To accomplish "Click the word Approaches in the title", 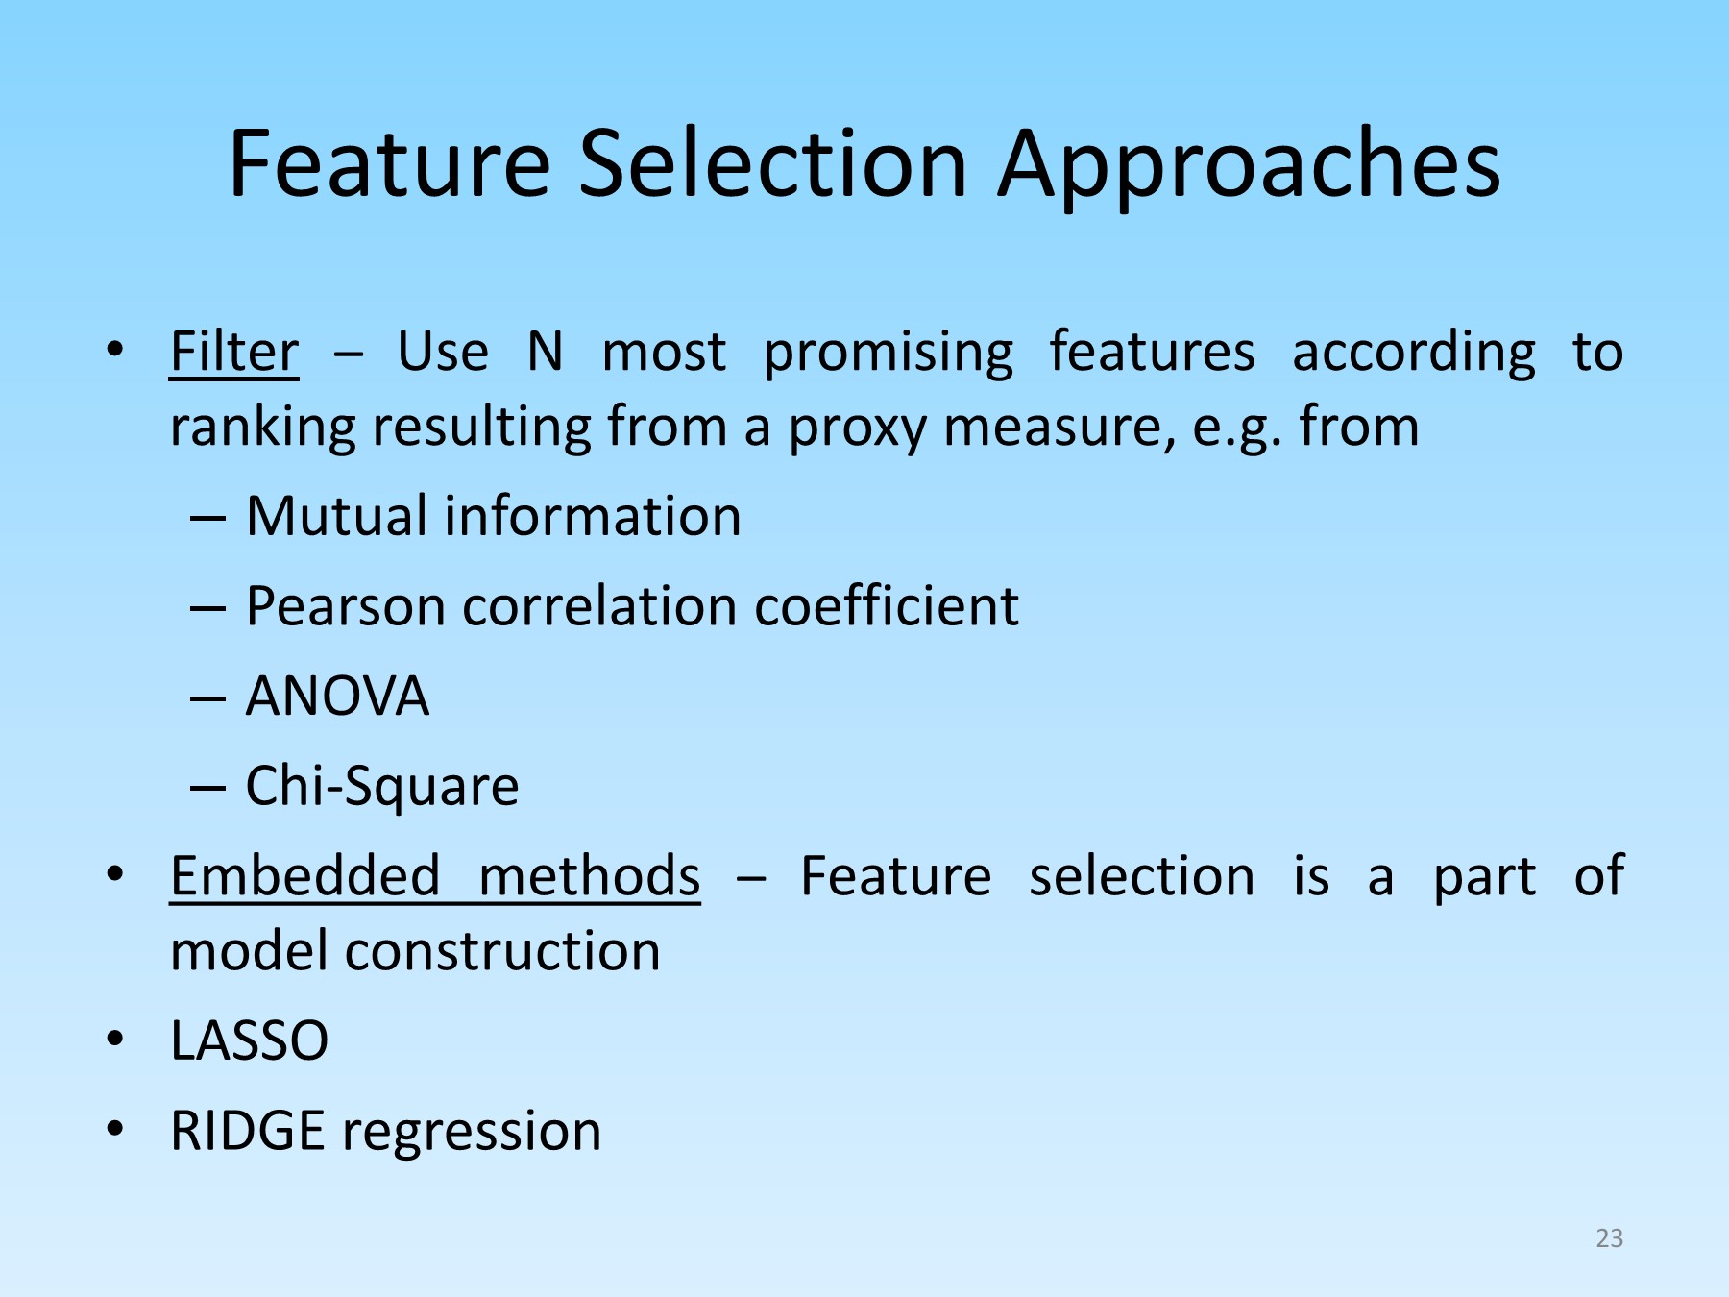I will tap(1249, 165).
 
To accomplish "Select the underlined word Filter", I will tap(233, 352).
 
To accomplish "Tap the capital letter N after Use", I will tap(545, 352).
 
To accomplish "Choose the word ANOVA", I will tap(337, 696).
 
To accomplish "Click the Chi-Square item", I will tap(382, 786).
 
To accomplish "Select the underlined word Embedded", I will tap(304, 876).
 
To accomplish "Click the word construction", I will tap(502, 951).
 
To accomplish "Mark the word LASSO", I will tap(249, 1040).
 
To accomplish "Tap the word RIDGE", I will tap(247, 1131).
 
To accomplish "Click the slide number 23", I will tap(1609, 1238).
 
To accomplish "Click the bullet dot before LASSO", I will tap(115, 1039).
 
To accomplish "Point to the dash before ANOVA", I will tap(207, 697).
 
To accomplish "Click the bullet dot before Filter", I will tap(115, 350).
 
